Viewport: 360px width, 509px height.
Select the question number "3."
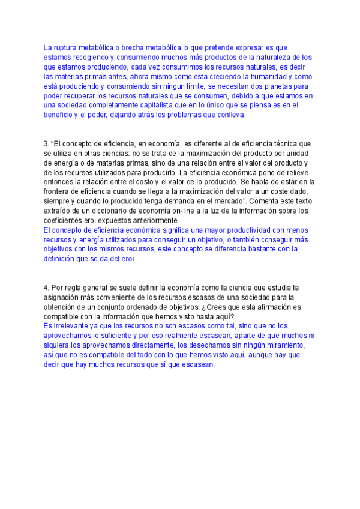click(47, 144)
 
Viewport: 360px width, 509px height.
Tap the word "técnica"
click(285, 144)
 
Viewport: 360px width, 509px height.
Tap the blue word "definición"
click(61, 259)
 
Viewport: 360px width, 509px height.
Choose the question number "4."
click(47, 288)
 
